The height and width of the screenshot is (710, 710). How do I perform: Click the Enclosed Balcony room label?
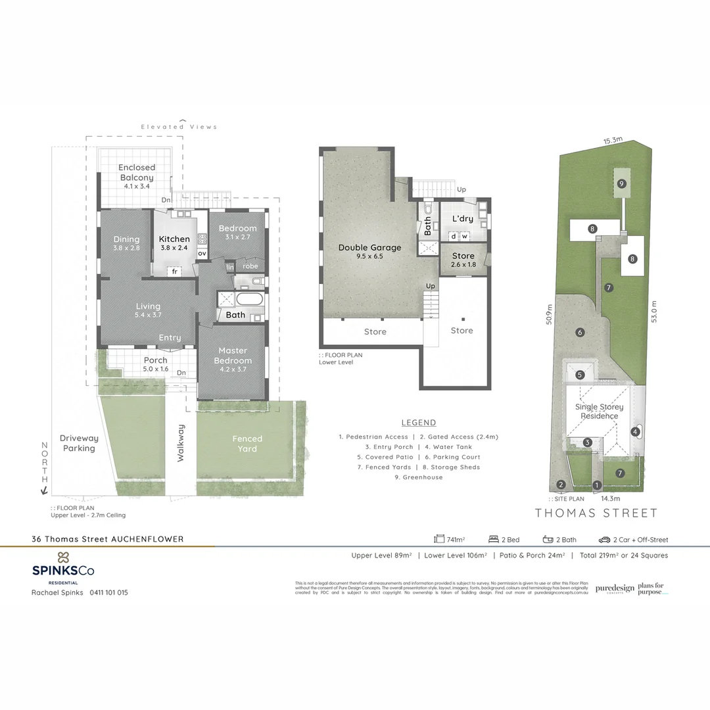pyautogui.click(x=137, y=172)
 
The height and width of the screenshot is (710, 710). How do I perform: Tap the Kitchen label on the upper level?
pyautogui.click(x=174, y=239)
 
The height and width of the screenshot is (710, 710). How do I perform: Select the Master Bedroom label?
pyautogui.click(x=233, y=356)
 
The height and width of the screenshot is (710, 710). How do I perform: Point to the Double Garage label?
pyautogui.click(x=369, y=248)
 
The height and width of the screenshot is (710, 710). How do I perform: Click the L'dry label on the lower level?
pyautogui.click(x=462, y=219)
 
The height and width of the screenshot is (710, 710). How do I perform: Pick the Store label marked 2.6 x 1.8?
pyautogui.click(x=463, y=256)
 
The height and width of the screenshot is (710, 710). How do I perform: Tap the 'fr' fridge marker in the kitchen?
pyautogui.click(x=175, y=271)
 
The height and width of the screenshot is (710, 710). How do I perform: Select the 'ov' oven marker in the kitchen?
pyautogui.click(x=202, y=253)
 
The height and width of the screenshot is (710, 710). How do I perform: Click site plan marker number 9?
pyautogui.click(x=621, y=183)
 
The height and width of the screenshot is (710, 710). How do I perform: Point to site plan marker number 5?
pyautogui.click(x=580, y=375)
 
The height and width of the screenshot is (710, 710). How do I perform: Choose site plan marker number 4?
pyautogui.click(x=635, y=432)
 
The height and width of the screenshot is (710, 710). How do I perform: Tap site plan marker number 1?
pyautogui.click(x=597, y=486)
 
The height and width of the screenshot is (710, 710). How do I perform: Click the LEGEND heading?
pyautogui.click(x=419, y=423)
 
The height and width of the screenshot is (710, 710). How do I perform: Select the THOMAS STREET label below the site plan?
pyautogui.click(x=596, y=513)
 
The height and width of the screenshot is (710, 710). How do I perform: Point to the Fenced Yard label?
pyautogui.click(x=247, y=444)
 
